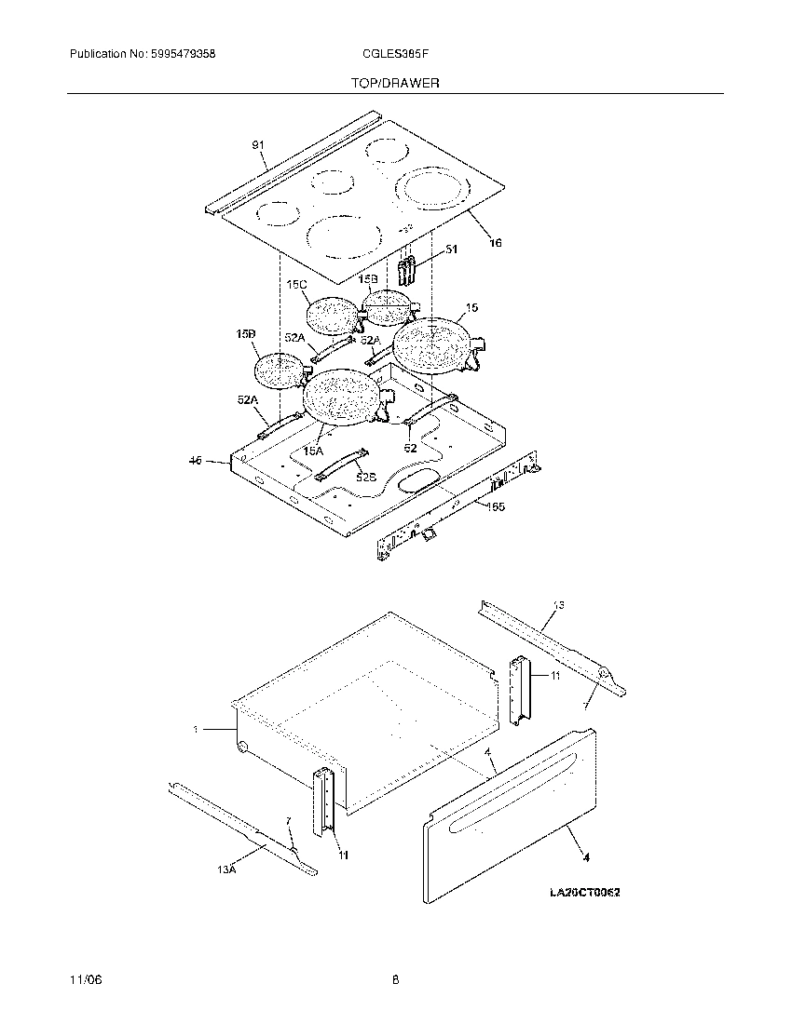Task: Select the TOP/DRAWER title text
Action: pyautogui.click(x=395, y=84)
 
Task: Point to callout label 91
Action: pyautogui.click(x=258, y=145)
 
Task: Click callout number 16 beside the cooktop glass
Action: pyautogui.click(x=495, y=243)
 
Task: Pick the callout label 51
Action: pyautogui.click(x=451, y=249)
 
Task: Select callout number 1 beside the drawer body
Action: pyautogui.click(x=197, y=730)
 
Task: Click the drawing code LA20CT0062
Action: pyautogui.click(x=584, y=893)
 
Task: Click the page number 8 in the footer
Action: pyautogui.click(x=395, y=980)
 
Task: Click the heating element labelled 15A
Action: pyautogui.click(x=340, y=397)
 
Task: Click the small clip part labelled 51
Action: pyautogui.click(x=406, y=271)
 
